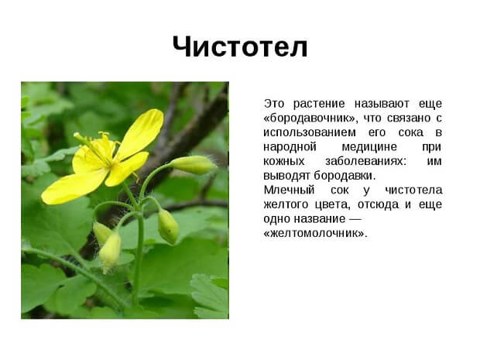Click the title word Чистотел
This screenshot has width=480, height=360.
click(x=240, y=46)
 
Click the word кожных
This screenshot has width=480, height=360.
click(x=283, y=161)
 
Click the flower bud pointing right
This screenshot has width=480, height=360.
click(x=193, y=164)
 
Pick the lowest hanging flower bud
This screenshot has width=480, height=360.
click(x=110, y=252)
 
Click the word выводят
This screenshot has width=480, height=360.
click(x=286, y=176)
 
